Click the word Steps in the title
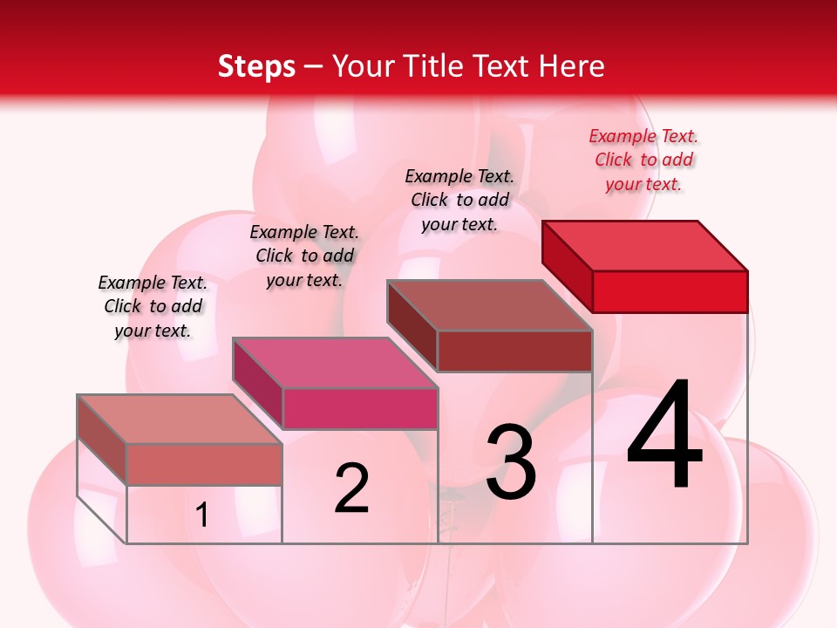pyautogui.click(x=256, y=66)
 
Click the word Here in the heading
pyautogui.click(x=571, y=66)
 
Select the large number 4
pyautogui.click(x=664, y=436)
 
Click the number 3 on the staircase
pyautogui.click(x=511, y=463)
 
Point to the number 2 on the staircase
pyautogui.click(x=351, y=488)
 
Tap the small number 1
pyautogui.click(x=202, y=515)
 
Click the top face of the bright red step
pyautogui.click(x=645, y=245)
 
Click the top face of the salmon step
pyautogui.click(x=180, y=419)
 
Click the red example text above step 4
pyautogui.click(x=643, y=160)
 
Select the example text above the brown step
pyautogui.click(x=459, y=200)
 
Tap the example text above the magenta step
pyautogui.click(x=304, y=256)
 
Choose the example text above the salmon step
pyautogui.click(x=153, y=306)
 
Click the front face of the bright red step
pyautogui.click(x=670, y=291)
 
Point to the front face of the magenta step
pyautogui.click(x=359, y=408)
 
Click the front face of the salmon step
pyautogui.click(x=204, y=464)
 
